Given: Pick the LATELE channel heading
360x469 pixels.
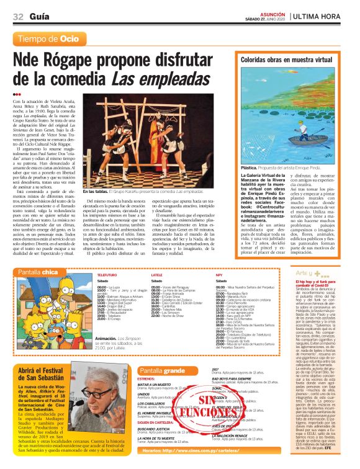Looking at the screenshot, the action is click(157, 274).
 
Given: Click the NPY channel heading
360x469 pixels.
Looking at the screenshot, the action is click(219, 274).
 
